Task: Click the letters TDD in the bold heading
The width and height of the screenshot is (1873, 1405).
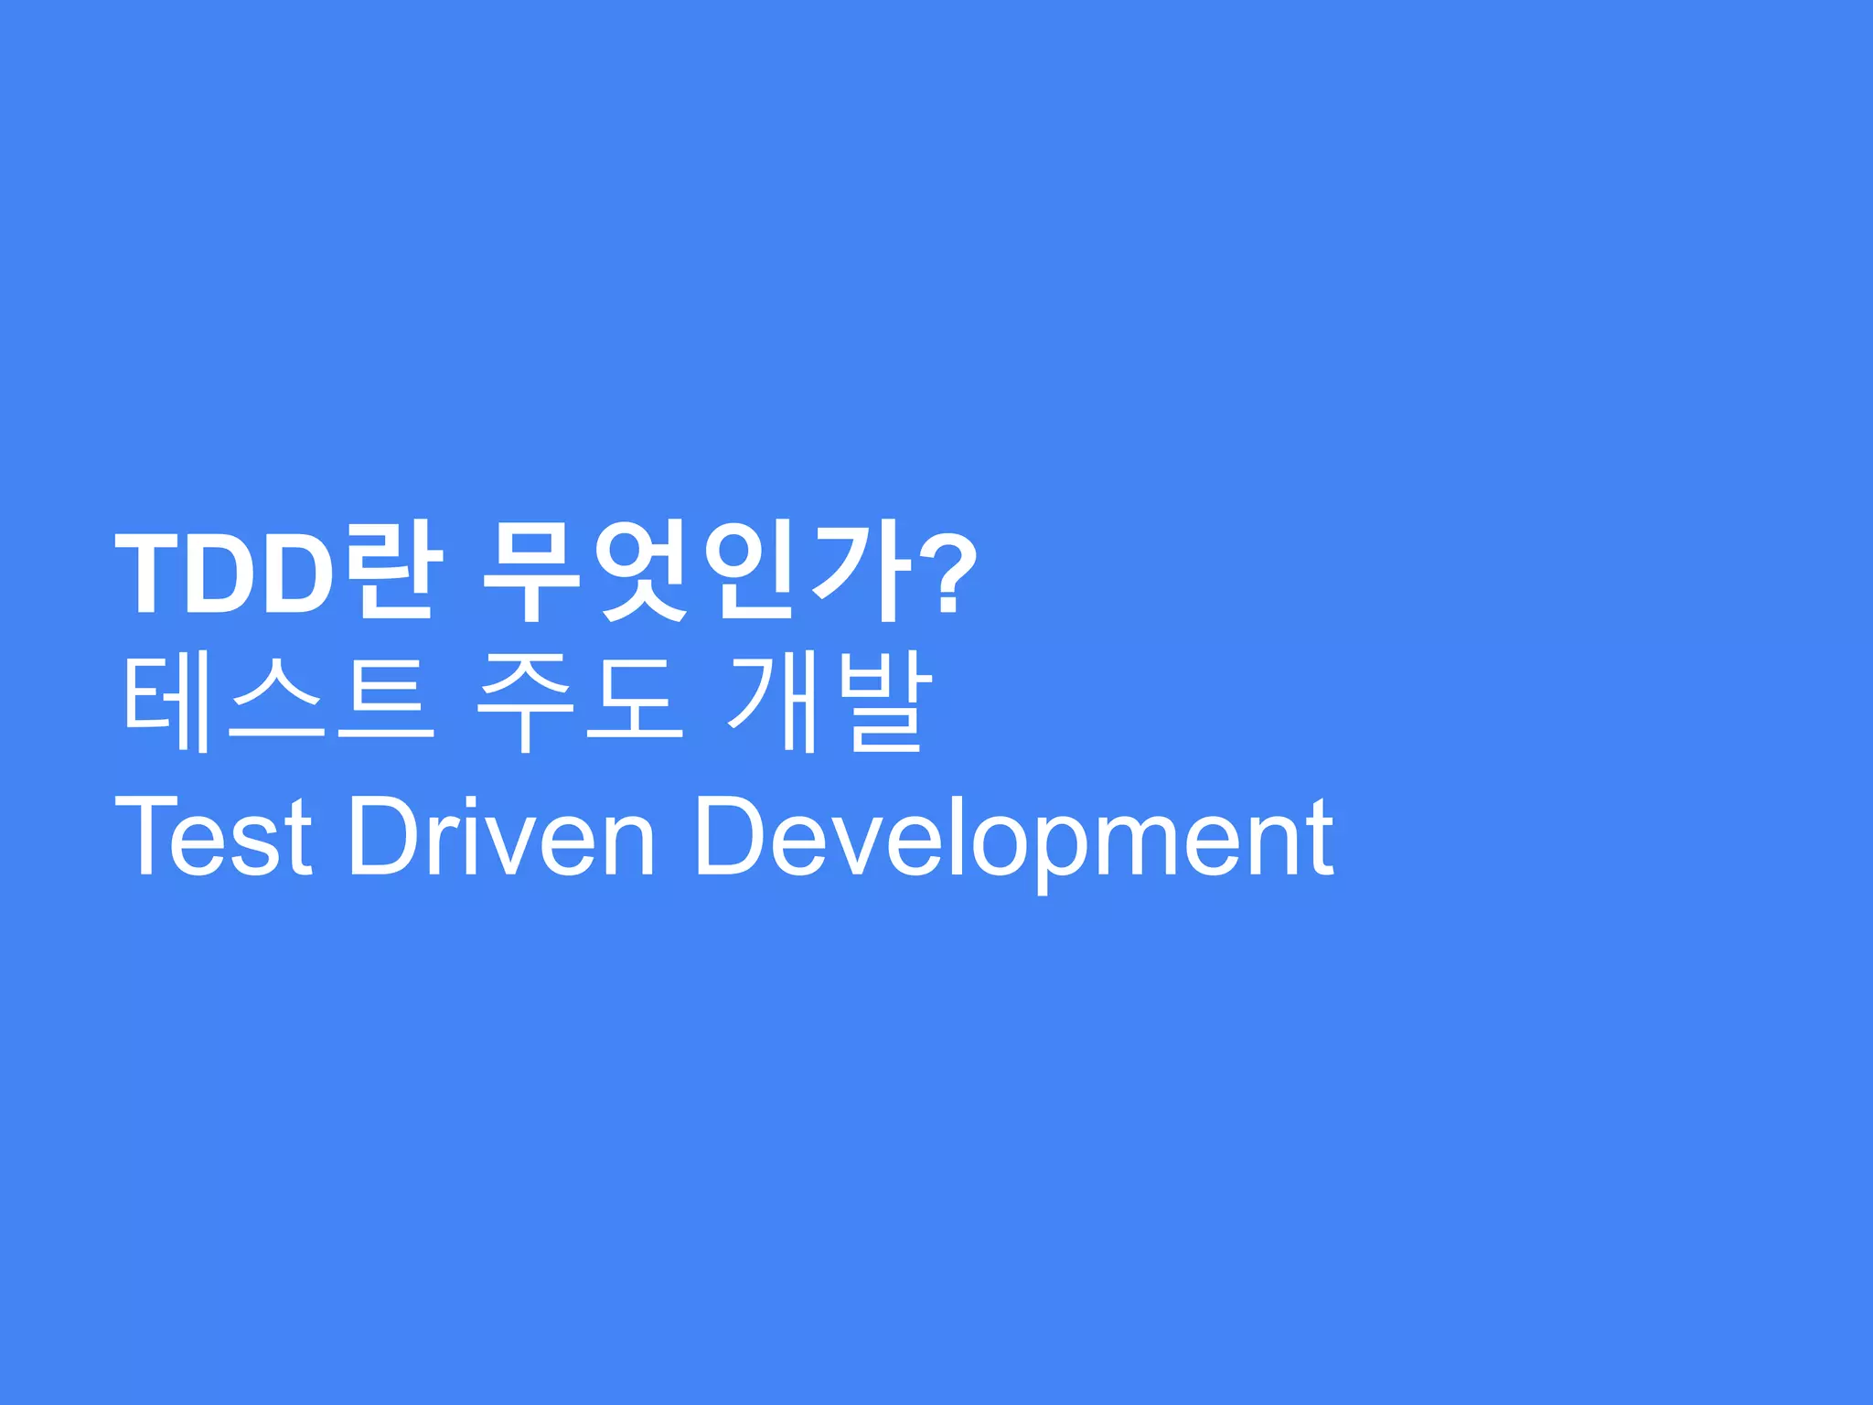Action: (x=224, y=574)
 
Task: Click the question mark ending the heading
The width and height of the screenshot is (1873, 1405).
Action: (x=947, y=574)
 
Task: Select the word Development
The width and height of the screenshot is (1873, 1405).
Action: (x=1014, y=835)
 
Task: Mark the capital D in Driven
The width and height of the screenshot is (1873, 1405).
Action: (x=383, y=835)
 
